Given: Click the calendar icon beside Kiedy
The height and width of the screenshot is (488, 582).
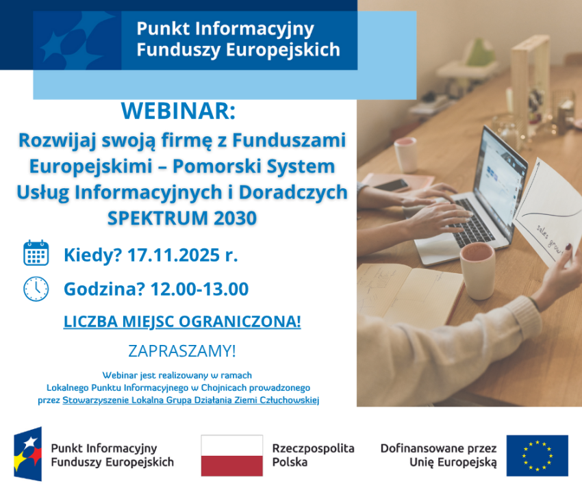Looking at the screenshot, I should [36, 253].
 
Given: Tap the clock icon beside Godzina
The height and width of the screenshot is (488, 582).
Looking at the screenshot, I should [36, 288].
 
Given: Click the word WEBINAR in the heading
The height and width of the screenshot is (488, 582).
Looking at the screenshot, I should [177, 110].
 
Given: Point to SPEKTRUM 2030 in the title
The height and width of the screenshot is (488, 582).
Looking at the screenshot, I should [181, 218].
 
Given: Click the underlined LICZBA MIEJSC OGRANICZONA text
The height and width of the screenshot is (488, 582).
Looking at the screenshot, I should [182, 321].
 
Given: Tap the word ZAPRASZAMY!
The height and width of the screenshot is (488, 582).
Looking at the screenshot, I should [181, 351].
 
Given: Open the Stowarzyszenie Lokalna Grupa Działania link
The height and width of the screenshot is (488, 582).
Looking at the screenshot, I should [190, 400].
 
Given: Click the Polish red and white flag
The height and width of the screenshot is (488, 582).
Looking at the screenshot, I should [231, 455].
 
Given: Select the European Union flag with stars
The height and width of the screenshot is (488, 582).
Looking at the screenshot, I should [537, 455].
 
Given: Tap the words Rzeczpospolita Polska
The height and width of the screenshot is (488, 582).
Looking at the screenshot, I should [313, 455].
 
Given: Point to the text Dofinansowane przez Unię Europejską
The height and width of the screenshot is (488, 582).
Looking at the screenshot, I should [438, 455].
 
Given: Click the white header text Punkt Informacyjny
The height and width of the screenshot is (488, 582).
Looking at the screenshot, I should [225, 29].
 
